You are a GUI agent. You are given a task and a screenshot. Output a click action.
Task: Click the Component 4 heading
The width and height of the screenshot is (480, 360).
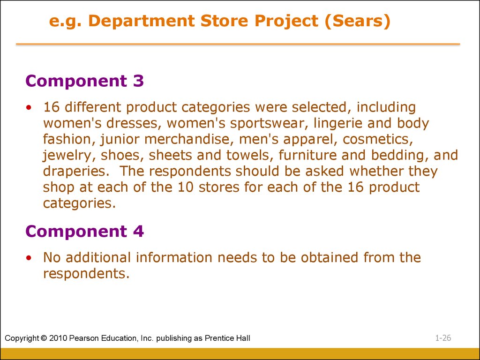point(84,232)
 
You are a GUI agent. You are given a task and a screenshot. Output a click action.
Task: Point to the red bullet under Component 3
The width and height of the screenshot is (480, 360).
point(29,107)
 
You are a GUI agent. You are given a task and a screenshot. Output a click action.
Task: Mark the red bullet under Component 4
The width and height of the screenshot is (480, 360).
point(29,258)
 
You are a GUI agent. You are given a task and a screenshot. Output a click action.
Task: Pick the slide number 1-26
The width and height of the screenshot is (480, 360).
point(443,338)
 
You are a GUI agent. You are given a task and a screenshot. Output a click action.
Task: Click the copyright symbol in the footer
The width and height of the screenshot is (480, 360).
point(44,338)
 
